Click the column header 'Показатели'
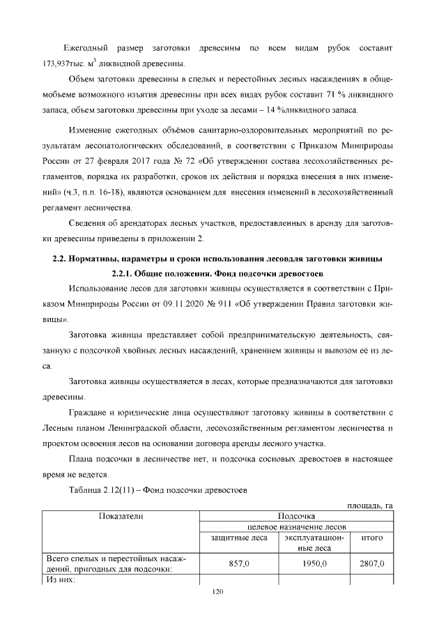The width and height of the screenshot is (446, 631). (x=121, y=516)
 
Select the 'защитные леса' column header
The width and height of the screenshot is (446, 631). (x=239, y=538)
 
